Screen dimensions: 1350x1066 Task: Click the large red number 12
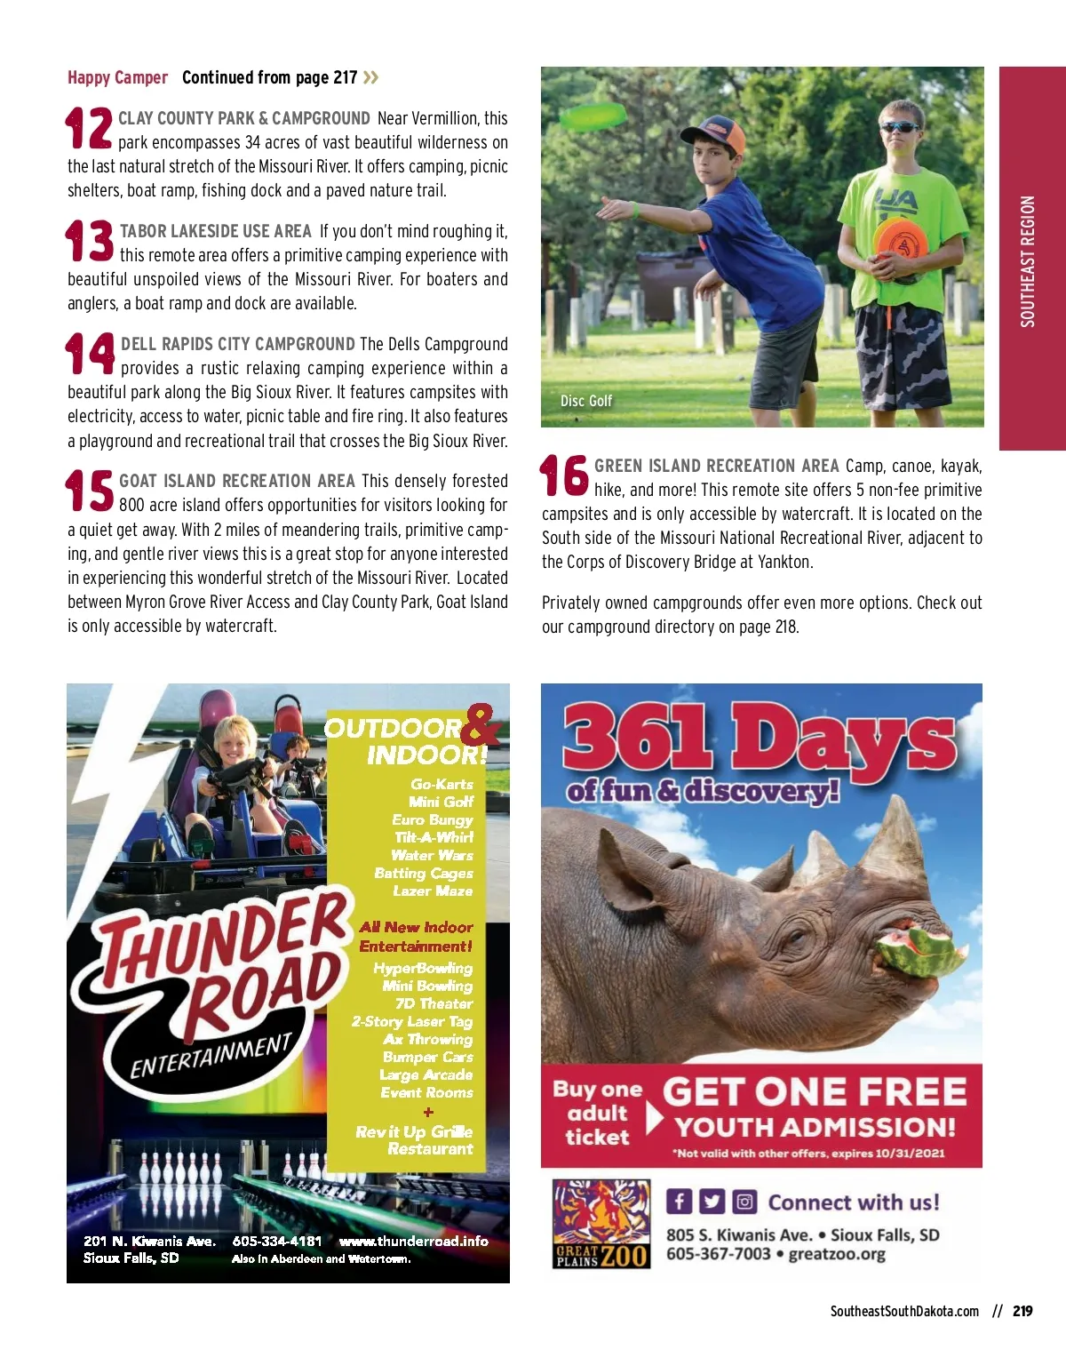point(89,129)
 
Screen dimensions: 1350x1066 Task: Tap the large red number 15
point(89,491)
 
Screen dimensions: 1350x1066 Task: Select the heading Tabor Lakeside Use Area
point(216,231)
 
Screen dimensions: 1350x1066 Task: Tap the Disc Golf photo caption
point(585,401)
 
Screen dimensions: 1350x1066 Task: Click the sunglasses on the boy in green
point(899,127)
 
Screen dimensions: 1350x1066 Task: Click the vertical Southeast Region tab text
point(1028,261)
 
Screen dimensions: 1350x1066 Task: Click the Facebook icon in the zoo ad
point(680,1202)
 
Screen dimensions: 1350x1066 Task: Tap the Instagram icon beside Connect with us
point(744,1202)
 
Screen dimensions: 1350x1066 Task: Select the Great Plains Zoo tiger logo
point(601,1222)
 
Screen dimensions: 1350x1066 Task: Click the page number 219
point(1022,1311)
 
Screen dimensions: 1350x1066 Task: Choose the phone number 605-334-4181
point(276,1241)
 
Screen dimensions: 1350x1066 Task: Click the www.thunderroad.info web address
point(413,1241)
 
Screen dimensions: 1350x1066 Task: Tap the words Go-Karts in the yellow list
point(442,784)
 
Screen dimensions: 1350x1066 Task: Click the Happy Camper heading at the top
point(117,77)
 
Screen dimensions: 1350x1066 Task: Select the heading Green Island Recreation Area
point(716,466)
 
